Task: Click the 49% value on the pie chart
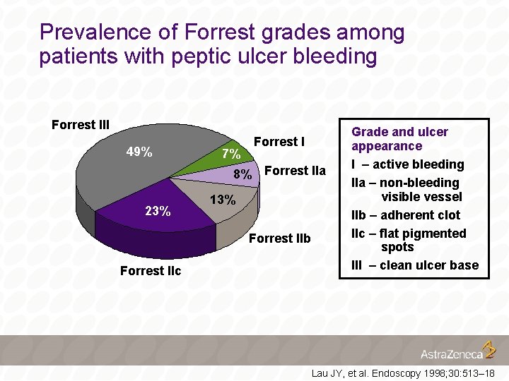[x=139, y=152]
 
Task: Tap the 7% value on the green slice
[x=231, y=154]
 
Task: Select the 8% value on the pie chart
[x=243, y=174]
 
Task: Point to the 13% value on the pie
[x=223, y=200]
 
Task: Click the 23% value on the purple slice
[x=158, y=211]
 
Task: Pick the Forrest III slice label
[x=81, y=125]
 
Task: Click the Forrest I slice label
[x=279, y=142]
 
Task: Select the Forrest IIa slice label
[x=295, y=171]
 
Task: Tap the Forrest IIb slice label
[x=280, y=238]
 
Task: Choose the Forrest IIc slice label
[x=151, y=271]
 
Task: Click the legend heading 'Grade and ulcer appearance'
[x=399, y=139]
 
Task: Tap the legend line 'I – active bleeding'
[x=408, y=164]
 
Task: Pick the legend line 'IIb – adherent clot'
[x=406, y=215]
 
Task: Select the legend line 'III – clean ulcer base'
[x=415, y=265]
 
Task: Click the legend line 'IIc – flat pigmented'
[x=409, y=234]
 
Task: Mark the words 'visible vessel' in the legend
[x=421, y=197]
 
